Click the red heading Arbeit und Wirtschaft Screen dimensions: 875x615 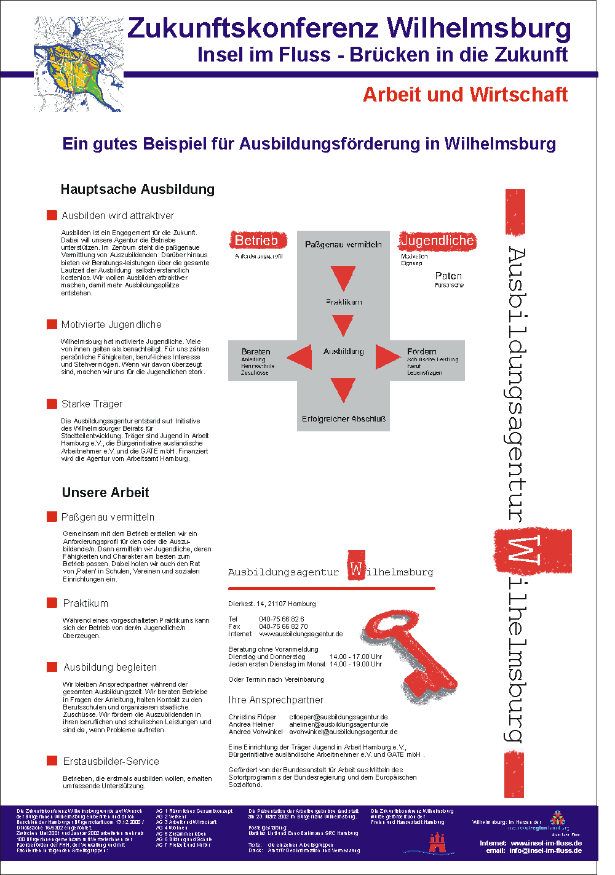tap(465, 95)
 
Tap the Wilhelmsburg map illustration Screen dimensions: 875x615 tap(79, 64)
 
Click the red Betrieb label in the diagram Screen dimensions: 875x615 tap(256, 241)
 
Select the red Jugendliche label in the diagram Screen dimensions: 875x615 tap(437, 241)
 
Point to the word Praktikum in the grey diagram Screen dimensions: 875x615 tap(344, 302)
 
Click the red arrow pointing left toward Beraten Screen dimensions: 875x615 tap(300, 356)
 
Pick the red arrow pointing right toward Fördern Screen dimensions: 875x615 tap(387, 356)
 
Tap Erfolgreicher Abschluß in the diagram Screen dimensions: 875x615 tap(343, 419)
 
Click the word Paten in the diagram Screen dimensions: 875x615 tap(448, 276)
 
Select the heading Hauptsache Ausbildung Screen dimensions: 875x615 tap(138, 190)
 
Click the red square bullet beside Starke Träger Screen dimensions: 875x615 tap(52, 404)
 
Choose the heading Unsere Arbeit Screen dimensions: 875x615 tap(105, 493)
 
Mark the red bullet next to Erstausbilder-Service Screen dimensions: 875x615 tap(52, 761)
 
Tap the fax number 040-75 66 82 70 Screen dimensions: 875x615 tap(283, 626)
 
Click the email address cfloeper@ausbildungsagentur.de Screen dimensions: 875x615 tap(338, 717)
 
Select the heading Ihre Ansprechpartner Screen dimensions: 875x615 tap(276, 700)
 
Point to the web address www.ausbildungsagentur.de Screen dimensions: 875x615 tap(301, 634)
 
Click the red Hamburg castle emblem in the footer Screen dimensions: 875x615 tap(437, 842)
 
